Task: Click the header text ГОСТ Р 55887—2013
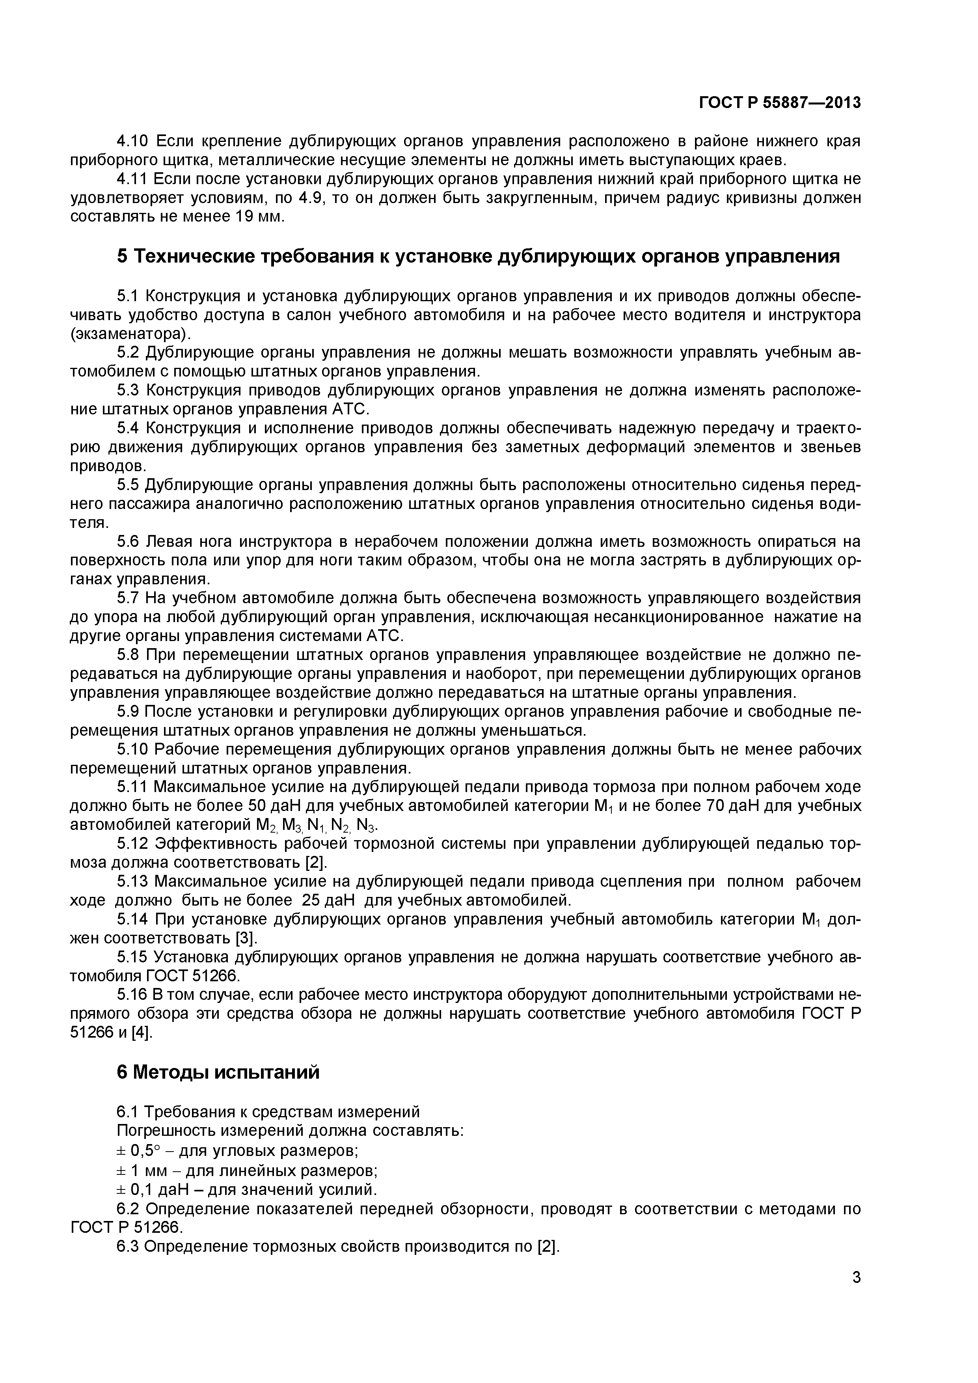tap(779, 103)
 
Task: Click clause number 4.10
tap(132, 142)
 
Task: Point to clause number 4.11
tap(132, 179)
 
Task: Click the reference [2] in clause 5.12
tap(316, 863)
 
